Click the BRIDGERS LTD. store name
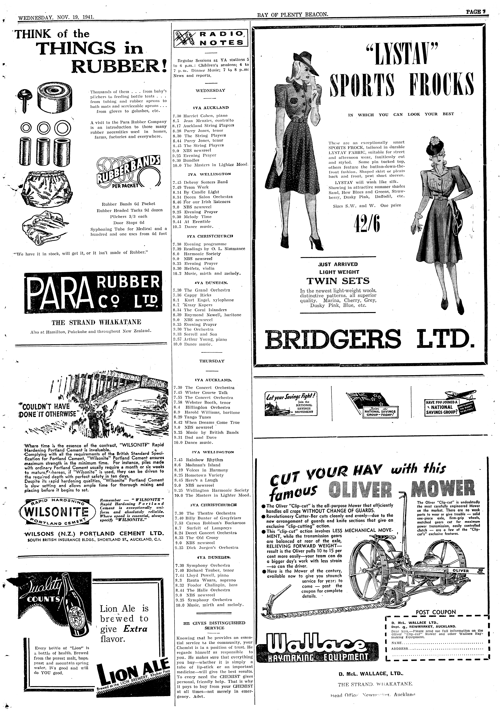(x=369, y=339)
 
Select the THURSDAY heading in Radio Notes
(x=212, y=361)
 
